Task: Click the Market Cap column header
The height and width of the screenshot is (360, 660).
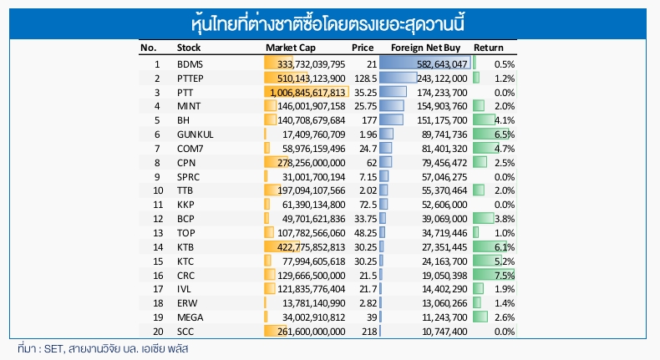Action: [x=290, y=48]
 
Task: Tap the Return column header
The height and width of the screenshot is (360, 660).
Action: [x=488, y=48]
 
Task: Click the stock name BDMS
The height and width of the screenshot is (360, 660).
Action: [x=190, y=63]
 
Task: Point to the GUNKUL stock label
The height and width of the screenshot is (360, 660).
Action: [x=195, y=134]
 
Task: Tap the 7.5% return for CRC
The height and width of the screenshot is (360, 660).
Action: [x=504, y=275]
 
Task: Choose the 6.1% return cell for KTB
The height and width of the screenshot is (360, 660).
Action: [x=504, y=247]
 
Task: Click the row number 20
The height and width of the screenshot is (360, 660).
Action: [x=155, y=332]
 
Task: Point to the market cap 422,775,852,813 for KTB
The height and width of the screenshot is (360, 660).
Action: [x=311, y=247]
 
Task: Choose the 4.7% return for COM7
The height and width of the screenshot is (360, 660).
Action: [x=504, y=148]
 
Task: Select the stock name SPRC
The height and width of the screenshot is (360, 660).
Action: [x=190, y=176]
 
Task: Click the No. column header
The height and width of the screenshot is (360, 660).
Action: [x=149, y=48]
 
